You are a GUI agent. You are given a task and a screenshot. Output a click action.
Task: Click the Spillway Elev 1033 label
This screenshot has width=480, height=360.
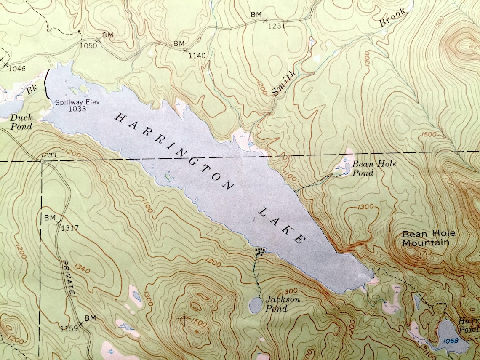coord(71,105)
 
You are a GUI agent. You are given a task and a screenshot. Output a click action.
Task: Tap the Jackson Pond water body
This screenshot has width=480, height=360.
coord(255,305)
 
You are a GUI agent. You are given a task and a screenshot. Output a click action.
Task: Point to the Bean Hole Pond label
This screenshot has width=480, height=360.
coord(368,168)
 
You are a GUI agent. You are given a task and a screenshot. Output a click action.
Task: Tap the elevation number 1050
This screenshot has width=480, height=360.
coord(88,45)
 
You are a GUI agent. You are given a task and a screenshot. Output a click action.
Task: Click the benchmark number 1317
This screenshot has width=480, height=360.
coord(70,229)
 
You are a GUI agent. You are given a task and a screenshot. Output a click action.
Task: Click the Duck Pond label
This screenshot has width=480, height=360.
coord(21,122)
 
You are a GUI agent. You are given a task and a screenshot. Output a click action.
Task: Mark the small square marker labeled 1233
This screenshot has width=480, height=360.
coord(43,161)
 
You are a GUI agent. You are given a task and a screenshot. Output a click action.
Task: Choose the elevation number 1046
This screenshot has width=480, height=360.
coord(17,69)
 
